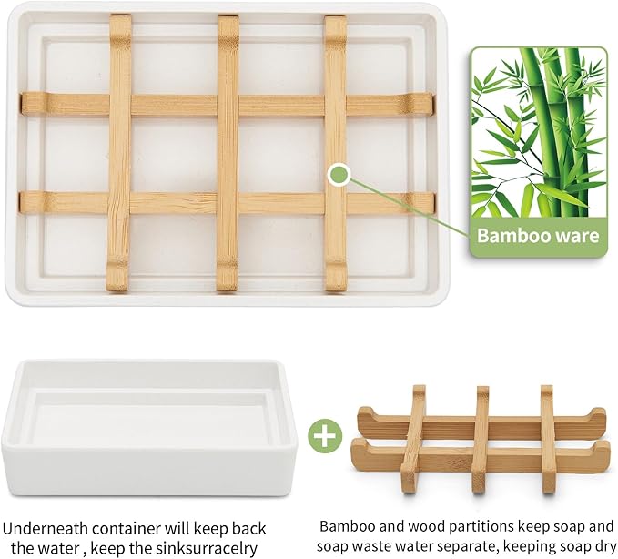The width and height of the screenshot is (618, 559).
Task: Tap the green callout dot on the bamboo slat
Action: click(339, 174)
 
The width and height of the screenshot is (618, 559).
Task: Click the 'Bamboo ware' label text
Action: click(539, 237)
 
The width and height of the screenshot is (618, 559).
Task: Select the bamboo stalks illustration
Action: click(539, 132)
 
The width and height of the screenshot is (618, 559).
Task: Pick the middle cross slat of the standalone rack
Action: click(481, 438)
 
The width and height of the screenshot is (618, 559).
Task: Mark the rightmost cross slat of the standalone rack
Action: click(548, 438)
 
